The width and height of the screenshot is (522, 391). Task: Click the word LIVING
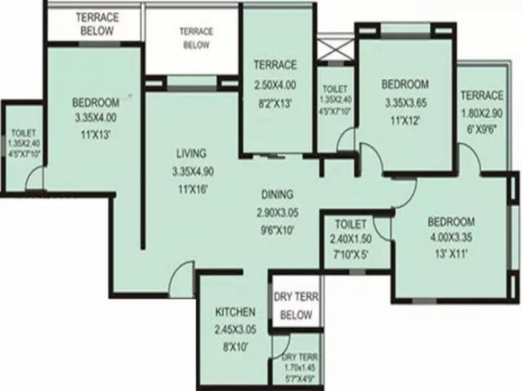(191, 153)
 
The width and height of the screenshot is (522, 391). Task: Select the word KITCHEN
(235, 312)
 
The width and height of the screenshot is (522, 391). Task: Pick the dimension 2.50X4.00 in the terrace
(275, 85)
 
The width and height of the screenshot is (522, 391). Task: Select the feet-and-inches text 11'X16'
(192, 189)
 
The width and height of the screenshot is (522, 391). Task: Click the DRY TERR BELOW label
(296, 306)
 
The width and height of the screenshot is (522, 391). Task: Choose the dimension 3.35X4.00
(95, 117)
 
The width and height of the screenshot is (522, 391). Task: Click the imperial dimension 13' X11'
(451, 253)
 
